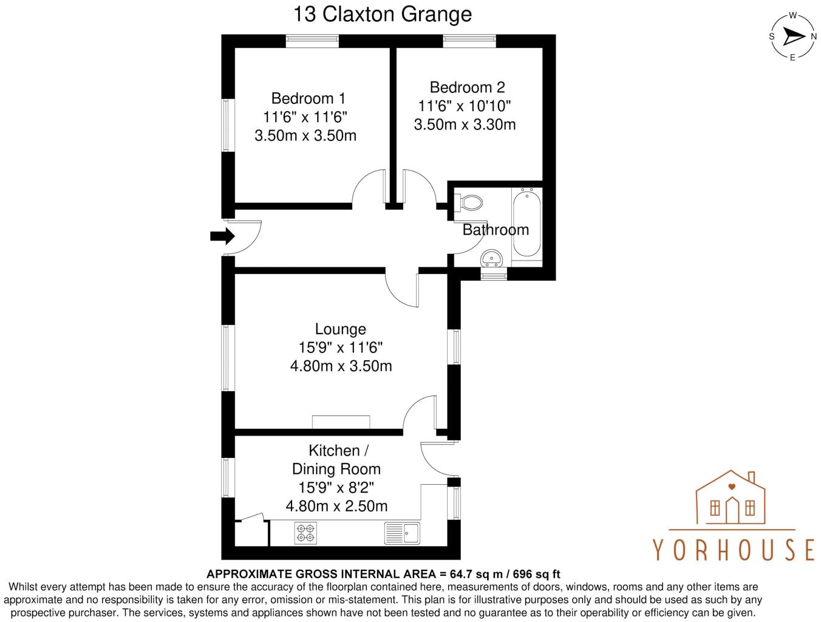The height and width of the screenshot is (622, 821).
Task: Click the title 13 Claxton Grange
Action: pyautogui.click(x=383, y=13)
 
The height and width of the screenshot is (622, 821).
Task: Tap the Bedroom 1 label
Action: pyautogui.click(x=308, y=98)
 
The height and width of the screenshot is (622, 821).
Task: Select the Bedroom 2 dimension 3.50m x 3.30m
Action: pyautogui.click(x=465, y=125)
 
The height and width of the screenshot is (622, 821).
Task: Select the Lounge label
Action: pyautogui.click(x=340, y=329)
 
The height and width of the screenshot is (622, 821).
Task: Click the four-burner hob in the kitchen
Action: pyautogui.click(x=305, y=533)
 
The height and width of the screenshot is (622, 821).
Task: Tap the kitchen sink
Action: pyautogui.click(x=402, y=533)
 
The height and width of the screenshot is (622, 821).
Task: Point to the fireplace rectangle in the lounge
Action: pyautogui.click(x=341, y=422)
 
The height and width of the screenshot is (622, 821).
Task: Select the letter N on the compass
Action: pyautogui.click(x=813, y=36)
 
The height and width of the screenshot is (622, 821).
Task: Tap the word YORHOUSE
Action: pyautogui.click(x=734, y=549)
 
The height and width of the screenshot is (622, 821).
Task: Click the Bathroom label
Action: pyautogui.click(x=496, y=230)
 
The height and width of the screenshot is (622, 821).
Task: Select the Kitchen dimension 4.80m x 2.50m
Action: pyautogui.click(x=336, y=506)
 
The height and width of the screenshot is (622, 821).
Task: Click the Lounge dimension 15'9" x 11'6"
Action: pyautogui.click(x=340, y=348)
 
